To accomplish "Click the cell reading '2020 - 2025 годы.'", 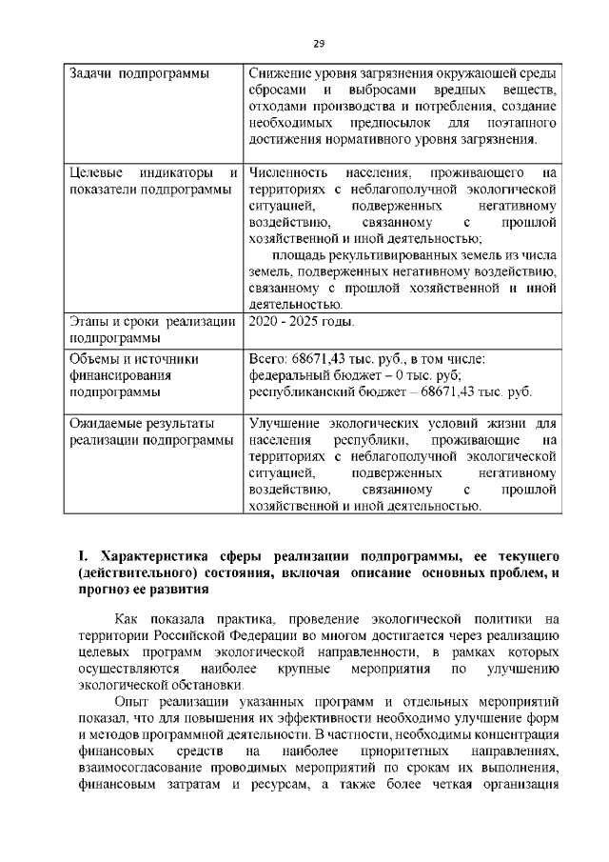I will (x=301, y=321).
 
